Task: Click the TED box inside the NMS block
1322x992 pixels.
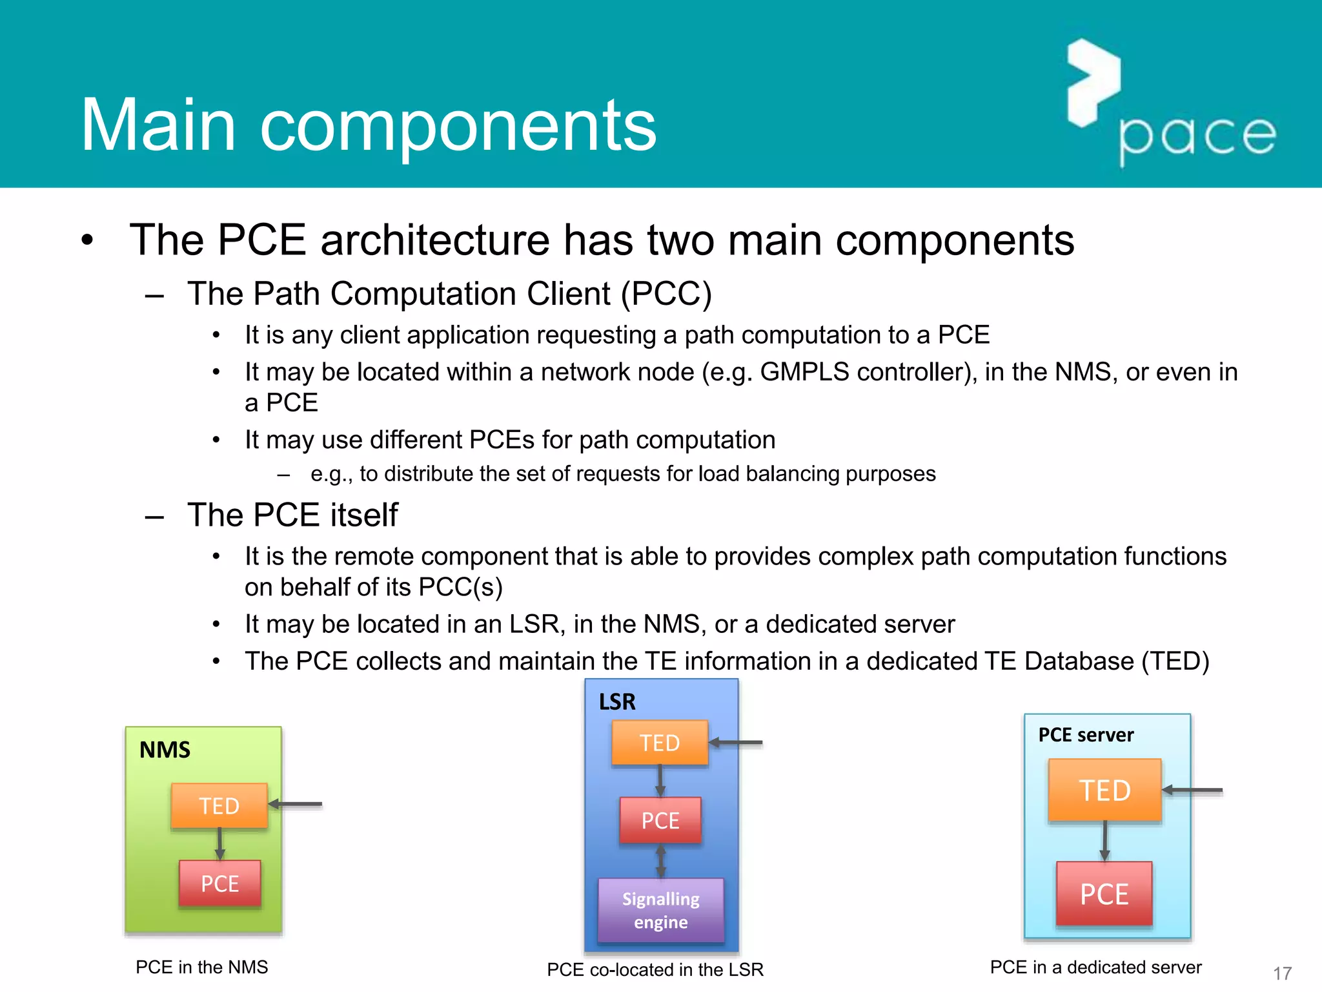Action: pyautogui.click(x=219, y=805)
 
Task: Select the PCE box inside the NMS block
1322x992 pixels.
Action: pyautogui.click(x=219, y=883)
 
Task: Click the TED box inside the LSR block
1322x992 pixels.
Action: pyautogui.click(x=660, y=743)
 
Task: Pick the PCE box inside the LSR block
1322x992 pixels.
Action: pyautogui.click(x=660, y=820)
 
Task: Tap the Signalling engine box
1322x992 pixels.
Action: pyautogui.click(x=660, y=910)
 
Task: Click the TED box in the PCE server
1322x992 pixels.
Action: pyautogui.click(x=1104, y=790)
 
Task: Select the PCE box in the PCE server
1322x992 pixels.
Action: pyautogui.click(x=1104, y=894)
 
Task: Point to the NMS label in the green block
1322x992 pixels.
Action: pyautogui.click(x=165, y=750)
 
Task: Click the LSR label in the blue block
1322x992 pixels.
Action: pyautogui.click(x=616, y=702)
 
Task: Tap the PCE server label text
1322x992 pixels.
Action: pyautogui.click(x=1086, y=735)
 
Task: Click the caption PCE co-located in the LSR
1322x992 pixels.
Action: pyautogui.click(x=655, y=969)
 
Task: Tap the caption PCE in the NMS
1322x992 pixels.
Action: pyautogui.click(x=201, y=967)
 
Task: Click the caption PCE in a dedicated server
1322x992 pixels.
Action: pyautogui.click(x=1095, y=967)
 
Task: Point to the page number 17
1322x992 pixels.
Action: pyautogui.click(x=1282, y=973)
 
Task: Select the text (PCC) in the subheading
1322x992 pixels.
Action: pyautogui.click(x=666, y=294)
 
